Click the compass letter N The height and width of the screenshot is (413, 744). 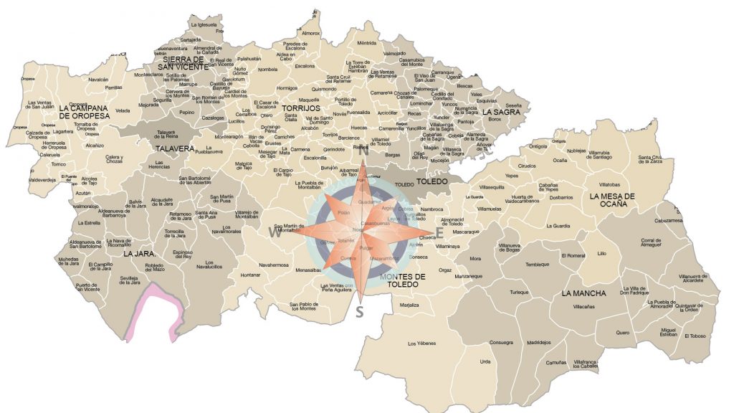pos(363,151)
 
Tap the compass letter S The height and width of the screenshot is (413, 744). pos(360,311)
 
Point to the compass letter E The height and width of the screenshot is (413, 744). pos(440,232)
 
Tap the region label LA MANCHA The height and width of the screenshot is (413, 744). pos(583,293)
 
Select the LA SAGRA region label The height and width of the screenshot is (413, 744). pos(501,112)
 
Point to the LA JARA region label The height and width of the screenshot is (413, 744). pos(139,253)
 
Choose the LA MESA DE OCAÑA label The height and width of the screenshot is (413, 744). pos(612,200)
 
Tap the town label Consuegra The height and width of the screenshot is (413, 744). pos(501,342)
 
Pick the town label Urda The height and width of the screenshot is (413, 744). pos(485,361)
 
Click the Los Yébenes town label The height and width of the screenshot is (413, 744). pos(421,344)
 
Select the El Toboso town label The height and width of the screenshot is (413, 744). pos(695,336)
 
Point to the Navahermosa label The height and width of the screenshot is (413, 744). pos(273,264)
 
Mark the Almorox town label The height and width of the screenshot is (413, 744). pos(310,33)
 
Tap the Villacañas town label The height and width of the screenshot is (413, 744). pos(583,306)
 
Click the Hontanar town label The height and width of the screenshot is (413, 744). pos(251,275)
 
